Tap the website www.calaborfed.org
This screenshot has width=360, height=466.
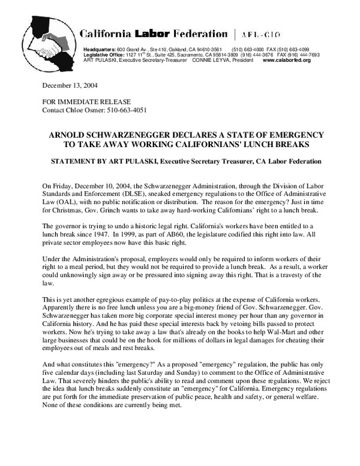[287, 61]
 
